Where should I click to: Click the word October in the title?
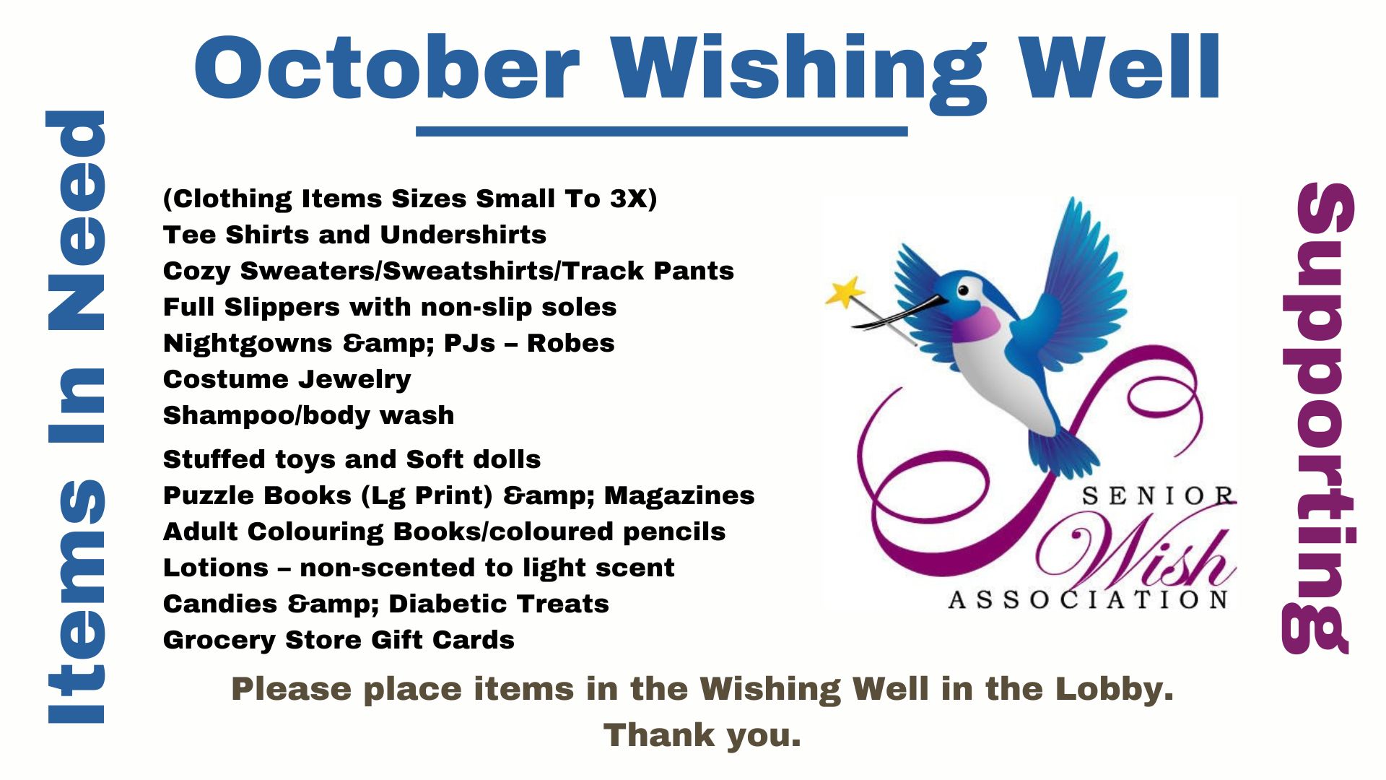tap(387, 67)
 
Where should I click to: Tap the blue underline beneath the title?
tap(661, 131)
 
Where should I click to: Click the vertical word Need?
tap(76, 220)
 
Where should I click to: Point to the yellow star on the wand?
tap(844, 292)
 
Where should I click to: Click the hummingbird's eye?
tap(962, 290)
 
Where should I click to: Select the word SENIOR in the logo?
tap(1157, 496)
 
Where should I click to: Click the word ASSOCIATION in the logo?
tap(1088, 600)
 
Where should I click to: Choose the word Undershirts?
tap(463, 235)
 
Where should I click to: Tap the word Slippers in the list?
tap(282, 308)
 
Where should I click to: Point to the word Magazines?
tap(679, 495)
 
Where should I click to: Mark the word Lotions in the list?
tap(216, 568)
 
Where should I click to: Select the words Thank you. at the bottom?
tap(702, 736)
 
